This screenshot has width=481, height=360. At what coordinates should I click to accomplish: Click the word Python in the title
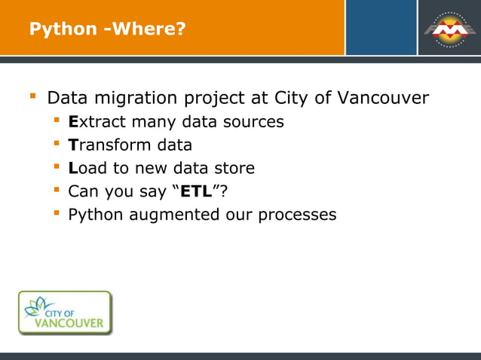[x=63, y=29]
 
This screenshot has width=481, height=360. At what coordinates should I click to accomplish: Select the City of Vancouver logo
[x=66, y=313]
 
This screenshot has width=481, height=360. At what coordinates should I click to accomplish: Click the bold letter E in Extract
[x=73, y=121]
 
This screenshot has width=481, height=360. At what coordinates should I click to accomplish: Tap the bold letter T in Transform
[x=72, y=145]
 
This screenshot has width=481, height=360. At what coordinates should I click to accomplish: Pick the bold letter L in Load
[x=72, y=168]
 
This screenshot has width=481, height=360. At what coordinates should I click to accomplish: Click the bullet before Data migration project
[x=32, y=97]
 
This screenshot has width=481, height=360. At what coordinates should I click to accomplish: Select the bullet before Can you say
[x=56, y=191]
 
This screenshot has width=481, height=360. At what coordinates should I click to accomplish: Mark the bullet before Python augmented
[x=56, y=214]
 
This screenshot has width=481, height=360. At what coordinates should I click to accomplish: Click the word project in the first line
[x=200, y=99]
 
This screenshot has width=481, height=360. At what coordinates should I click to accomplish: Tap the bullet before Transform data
[x=56, y=144]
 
